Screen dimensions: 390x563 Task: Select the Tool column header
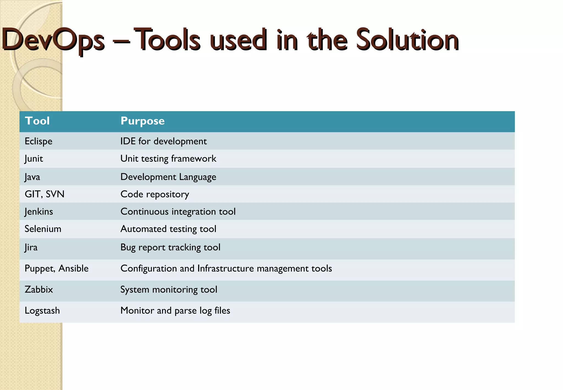[x=37, y=121]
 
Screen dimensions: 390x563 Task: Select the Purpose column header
[x=142, y=121]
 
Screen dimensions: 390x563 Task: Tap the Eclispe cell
[x=38, y=141]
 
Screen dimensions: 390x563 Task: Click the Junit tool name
[x=34, y=159]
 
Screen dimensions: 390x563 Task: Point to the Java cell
[x=32, y=177]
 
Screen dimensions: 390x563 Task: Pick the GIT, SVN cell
[x=45, y=194]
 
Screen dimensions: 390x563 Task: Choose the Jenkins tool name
[x=39, y=212]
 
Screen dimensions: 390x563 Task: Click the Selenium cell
[x=43, y=229]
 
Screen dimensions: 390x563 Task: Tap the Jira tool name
[x=31, y=247]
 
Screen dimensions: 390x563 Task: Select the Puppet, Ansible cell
[x=57, y=268]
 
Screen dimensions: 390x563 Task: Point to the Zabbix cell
[x=39, y=290]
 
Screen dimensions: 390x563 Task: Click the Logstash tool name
[x=42, y=311]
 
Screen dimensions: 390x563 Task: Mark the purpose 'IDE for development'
[x=164, y=141]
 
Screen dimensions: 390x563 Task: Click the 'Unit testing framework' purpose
[x=168, y=159]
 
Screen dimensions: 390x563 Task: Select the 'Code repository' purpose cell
[x=155, y=194]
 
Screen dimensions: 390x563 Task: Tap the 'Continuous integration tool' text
[x=178, y=212]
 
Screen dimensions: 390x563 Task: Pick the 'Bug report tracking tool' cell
[x=170, y=247]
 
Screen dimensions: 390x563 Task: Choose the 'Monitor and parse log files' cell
[x=175, y=311]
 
